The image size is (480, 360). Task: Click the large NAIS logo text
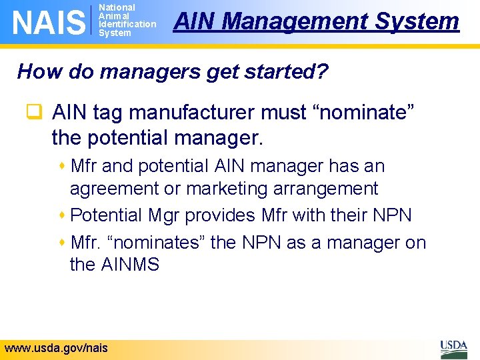point(49,21)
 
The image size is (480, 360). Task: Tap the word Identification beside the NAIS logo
point(127,25)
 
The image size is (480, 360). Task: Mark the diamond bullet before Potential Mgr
point(63,215)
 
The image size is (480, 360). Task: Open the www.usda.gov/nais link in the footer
point(56,348)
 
